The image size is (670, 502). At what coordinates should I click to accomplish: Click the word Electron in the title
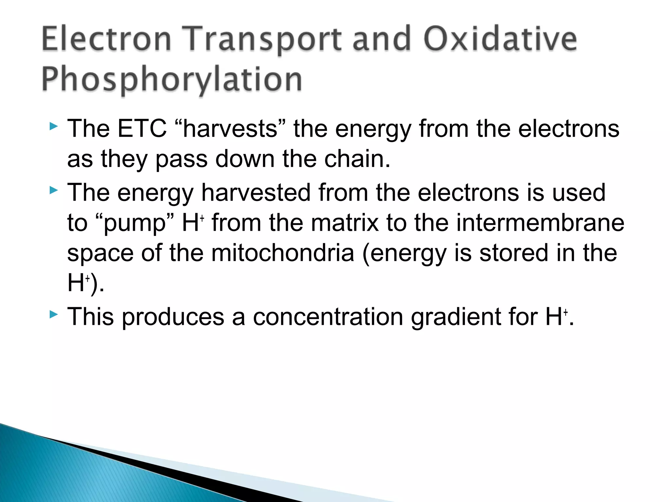(x=106, y=39)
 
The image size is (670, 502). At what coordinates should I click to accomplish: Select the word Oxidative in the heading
(x=500, y=39)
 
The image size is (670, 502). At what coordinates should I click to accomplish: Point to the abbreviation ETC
(x=142, y=128)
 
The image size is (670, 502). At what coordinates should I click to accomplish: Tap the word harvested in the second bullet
(x=256, y=192)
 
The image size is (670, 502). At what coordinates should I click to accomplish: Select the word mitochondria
(x=282, y=253)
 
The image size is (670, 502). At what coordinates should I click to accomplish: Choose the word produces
(x=173, y=317)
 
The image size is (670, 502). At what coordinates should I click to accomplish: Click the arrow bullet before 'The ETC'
(x=54, y=126)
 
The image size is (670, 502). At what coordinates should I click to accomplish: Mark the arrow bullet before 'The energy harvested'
(x=54, y=190)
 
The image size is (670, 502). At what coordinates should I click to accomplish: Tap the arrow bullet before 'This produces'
(x=54, y=315)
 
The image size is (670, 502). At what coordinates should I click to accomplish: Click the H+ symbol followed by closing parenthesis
(x=79, y=283)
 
